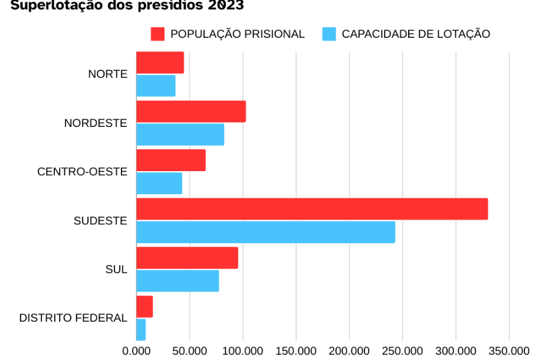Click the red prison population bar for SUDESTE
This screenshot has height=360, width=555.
[x=312, y=209]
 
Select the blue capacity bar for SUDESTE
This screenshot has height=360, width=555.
[x=265, y=232]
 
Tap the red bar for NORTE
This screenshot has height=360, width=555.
[x=160, y=63]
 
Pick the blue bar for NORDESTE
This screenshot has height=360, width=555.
[x=180, y=135]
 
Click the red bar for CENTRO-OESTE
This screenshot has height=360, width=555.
[x=171, y=160]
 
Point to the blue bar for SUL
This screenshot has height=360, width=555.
[x=178, y=281]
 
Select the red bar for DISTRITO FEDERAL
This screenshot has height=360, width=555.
[x=145, y=307]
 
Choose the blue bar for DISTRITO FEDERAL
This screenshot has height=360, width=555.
[x=141, y=329]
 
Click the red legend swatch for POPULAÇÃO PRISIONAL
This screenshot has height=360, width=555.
[x=157, y=34]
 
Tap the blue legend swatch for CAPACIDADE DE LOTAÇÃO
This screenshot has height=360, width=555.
[x=329, y=34]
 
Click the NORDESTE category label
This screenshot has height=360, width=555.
[x=96, y=123]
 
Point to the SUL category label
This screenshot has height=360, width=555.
[x=116, y=270]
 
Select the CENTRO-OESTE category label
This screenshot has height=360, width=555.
[x=82, y=172]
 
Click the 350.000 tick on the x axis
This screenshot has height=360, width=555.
[x=509, y=351]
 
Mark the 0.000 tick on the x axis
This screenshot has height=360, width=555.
[x=136, y=351]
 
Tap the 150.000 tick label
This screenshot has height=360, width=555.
[x=296, y=351]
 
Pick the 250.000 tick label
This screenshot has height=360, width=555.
[x=403, y=351]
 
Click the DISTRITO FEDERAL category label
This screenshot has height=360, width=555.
[x=73, y=318]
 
